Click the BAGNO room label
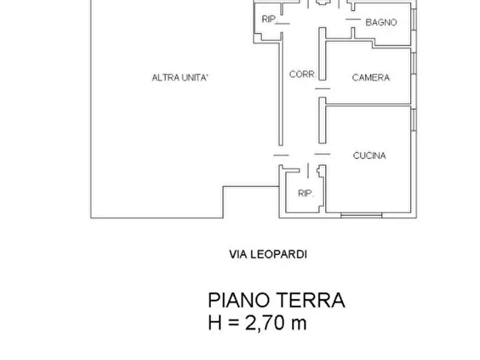[x=381, y=23]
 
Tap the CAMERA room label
[x=371, y=78]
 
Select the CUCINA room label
[x=369, y=156]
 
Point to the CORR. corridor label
[x=303, y=75]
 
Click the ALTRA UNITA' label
[x=180, y=78]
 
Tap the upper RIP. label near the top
[x=269, y=19]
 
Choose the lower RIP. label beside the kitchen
[x=306, y=193]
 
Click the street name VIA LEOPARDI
[x=268, y=255]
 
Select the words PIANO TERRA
[x=276, y=300]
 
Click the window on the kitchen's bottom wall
[x=362, y=215]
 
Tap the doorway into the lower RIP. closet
[x=307, y=171]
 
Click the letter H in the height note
[x=214, y=323]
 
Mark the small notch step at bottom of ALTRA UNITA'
[x=224, y=201]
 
